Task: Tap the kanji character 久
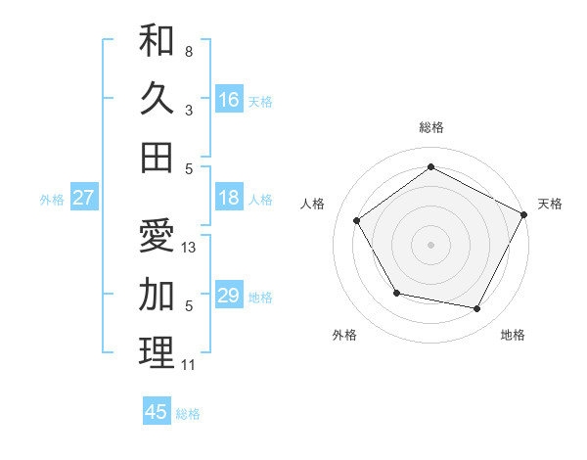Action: [157, 99]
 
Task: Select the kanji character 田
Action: [157, 157]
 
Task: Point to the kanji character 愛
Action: [157, 237]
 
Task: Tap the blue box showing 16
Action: [229, 99]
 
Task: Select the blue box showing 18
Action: [229, 198]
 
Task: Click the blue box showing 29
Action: [229, 296]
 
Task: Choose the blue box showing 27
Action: [84, 198]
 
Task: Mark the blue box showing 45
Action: [157, 412]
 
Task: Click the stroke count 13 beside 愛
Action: [190, 248]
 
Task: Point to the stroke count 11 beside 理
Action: [189, 365]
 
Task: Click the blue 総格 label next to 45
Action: [188, 413]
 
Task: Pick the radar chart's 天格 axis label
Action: [550, 204]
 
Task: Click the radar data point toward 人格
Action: [357, 220]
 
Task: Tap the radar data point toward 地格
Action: [477, 309]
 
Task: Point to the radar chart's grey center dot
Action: [430, 244]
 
